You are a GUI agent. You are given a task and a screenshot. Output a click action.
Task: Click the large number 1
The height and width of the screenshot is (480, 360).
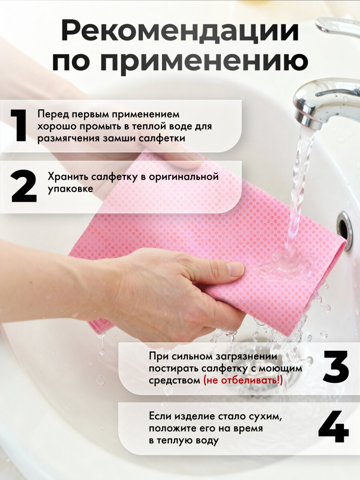tap(19, 126)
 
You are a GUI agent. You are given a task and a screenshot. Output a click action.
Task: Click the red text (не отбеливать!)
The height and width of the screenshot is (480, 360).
tap(243, 380)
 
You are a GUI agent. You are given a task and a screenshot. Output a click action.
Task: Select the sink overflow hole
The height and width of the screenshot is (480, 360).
tap(344, 230)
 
